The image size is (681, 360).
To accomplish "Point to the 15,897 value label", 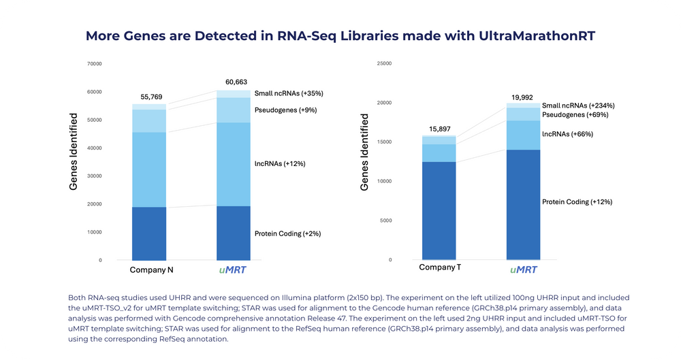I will click(x=438, y=129).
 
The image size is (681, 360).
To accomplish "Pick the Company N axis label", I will click(x=151, y=269).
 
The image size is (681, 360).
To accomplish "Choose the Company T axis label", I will click(x=439, y=267).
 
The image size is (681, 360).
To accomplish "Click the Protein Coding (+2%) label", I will click(x=287, y=233).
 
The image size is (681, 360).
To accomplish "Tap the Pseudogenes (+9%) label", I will click(x=285, y=110).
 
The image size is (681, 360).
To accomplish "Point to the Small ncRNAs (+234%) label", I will click(x=578, y=105).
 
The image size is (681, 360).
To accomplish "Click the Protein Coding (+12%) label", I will click(x=577, y=201).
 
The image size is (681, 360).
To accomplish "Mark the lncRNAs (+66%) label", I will click(x=567, y=134).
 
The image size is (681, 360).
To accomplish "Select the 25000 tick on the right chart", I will click(x=384, y=63).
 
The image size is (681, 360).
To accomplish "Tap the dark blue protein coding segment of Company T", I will click(x=439, y=211).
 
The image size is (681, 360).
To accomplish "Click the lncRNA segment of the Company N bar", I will click(x=149, y=169).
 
